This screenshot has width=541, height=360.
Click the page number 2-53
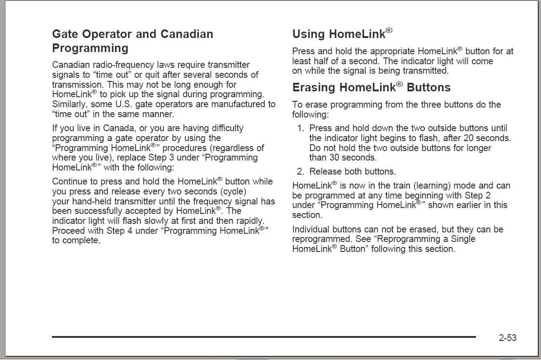tap(508, 338)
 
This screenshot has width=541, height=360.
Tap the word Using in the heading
tap(309, 34)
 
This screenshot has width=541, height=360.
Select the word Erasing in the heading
tap(314, 88)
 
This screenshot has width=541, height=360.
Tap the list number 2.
tap(300, 172)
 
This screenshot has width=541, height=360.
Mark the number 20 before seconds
tap(468, 138)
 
